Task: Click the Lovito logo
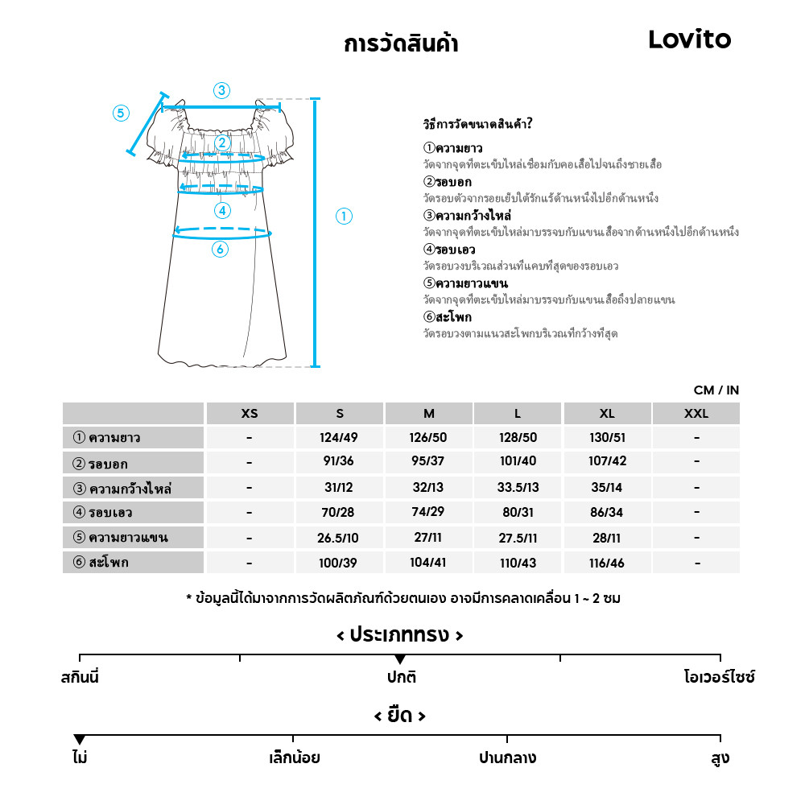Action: click(x=689, y=39)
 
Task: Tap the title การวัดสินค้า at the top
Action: click(x=400, y=43)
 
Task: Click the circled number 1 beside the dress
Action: click(x=344, y=216)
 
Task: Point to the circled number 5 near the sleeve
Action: click(x=121, y=113)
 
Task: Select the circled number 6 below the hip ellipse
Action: click(x=220, y=250)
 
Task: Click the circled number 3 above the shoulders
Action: click(x=221, y=90)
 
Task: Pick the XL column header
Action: click(x=607, y=414)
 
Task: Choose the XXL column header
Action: click(x=696, y=414)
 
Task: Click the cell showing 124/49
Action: click(x=340, y=438)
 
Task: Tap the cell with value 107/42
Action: click(x=607, y=463)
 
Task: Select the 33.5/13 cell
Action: click(x=518, y=488)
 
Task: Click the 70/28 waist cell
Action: click(x=340, y=512)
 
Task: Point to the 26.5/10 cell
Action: click(x=340, y=537)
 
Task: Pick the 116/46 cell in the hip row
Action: click(x=607, y=563)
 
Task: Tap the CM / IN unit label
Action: click(x=716, y=390)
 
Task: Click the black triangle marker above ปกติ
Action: click(x=400, y=660)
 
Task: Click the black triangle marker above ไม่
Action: click(x=79, y=740)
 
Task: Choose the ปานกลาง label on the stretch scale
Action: click(x=507, y=758)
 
